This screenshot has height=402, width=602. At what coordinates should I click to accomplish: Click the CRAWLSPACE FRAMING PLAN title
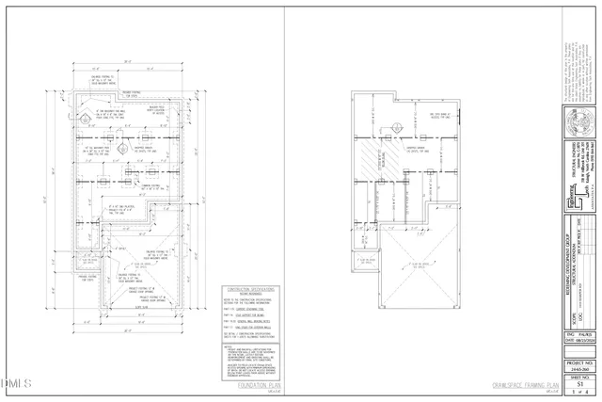pos(525,384)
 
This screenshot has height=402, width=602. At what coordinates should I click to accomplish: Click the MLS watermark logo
pos(16,383)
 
